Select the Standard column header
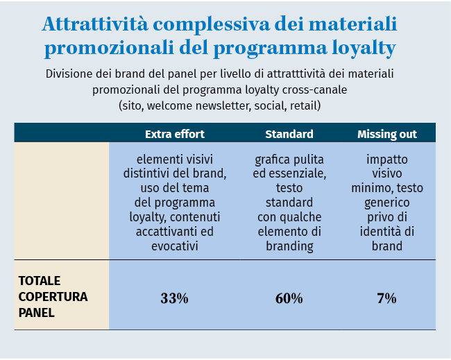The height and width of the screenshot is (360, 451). pyautogui.click(x=289, y=134)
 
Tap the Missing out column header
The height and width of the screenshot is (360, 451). pyautogui.click(x=386, y=134)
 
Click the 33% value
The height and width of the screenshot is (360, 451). pyautogui.click(x=174, y=299)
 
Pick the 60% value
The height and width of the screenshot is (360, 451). pyautogui.click(x=289, y=299)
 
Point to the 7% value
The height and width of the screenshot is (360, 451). pyautogui.click(x=386, y=299)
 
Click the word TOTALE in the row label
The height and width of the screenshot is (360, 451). pyautogui.click(x=40, y=281)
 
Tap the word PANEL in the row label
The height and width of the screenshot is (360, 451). pyautogui.click(x=36, y=313)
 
